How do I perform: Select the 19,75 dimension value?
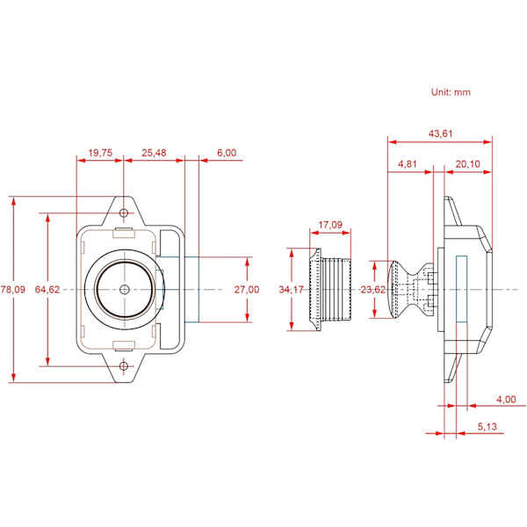click(101, 152)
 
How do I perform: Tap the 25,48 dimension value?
click(154, 152)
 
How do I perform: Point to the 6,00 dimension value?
click(227, 152)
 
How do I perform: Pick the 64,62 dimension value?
click(47, 290)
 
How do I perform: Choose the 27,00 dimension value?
click(248, 290)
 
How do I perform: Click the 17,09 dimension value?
click(330, 226)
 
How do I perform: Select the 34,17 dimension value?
click(291, 290)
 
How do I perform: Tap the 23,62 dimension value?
click(373, 290)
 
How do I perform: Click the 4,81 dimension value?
click(407, 164)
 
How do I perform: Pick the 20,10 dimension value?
click(468, 164)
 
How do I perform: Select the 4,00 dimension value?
click(506, 400)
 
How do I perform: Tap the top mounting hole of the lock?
click(124, 212)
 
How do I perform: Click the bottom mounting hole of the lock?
click(124, 365)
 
